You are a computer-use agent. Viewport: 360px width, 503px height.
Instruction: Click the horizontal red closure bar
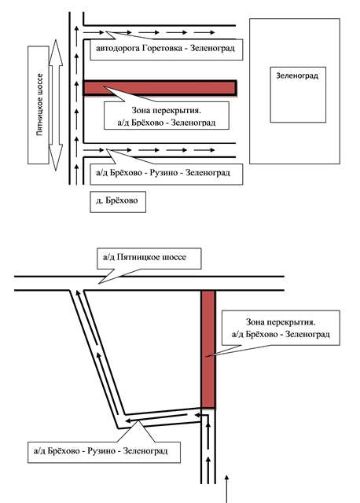pos(160,87)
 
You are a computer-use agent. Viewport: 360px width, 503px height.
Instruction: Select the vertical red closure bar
pos(208,349)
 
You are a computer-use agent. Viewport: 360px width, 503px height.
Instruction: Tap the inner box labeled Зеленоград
pos(298,94)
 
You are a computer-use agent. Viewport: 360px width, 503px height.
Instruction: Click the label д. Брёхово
pos(118,202)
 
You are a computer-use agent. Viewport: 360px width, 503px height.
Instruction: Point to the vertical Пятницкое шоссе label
pos(39,105)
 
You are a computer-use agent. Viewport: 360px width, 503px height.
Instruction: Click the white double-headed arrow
pos(56,105)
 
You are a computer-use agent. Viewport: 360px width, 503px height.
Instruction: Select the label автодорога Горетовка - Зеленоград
pos(166,49)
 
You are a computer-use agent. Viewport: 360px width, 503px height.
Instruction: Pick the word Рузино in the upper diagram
pos(163,173)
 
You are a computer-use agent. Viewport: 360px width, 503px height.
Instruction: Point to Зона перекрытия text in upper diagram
pos(166,110)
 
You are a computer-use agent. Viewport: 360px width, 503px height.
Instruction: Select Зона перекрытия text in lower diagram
pos(281,321)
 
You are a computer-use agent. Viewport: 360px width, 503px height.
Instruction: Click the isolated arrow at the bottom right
pos(227,489)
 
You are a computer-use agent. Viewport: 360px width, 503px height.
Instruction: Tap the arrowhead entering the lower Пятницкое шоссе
pos(77,292)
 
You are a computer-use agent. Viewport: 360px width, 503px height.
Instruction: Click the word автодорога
pos(118,49)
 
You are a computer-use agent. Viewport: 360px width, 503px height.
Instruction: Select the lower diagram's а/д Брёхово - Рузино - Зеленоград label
pos(101,451)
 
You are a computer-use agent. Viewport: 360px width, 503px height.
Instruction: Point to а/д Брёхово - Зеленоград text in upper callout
pos(167,123)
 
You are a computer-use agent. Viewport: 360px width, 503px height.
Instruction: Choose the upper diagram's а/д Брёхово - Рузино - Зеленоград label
pos(163,173)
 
